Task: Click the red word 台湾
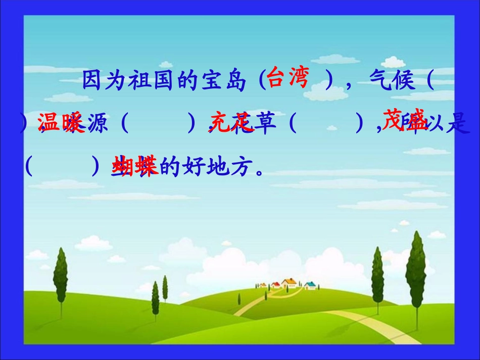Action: pyautogui.click(x=287, y=78)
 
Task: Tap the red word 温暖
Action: pyautogui.click(x=60, y=123)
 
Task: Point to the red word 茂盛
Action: pyautogui.click(x=404, y=119)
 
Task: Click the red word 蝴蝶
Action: pyautogui.click(x=134, y=166)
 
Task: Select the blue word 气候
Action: pyautogui.click(x=393, y=81)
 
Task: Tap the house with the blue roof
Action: pyautogui.click(x=310, y=286)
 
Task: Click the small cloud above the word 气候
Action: pyautogui.click(x=393, y=62)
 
